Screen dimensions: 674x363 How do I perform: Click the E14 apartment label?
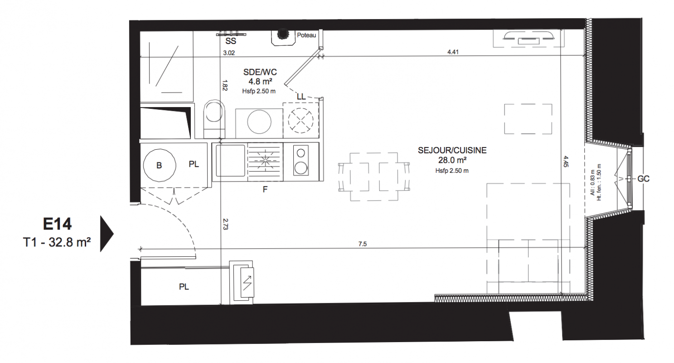(x=57, y=224)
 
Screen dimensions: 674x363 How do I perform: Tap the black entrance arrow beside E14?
(x=107, y=234)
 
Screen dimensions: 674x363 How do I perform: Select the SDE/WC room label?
(x=260, y=72)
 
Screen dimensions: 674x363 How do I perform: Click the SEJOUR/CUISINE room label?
(x=452, y=150)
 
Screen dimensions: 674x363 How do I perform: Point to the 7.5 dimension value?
(x=363, y=244)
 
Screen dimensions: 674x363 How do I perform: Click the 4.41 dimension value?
(x=453, y=52)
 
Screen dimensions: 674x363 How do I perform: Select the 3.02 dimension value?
(x=229, y=53)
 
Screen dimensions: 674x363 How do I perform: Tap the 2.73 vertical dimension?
(x=225, y=224)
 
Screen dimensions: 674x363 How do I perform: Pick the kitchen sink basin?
(x=231, y=161)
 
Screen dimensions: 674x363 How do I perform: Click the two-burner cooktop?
(x=301, y=161)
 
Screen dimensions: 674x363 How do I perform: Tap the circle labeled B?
(x=159, y=165)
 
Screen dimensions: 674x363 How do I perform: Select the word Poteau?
(x=306, y=35)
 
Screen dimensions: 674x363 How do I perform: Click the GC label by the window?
(x=643, y=179)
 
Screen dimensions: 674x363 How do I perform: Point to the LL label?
(x=301, y=97)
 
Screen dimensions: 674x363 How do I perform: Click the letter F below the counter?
(x=265, y=190)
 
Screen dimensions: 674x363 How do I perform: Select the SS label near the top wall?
(x=231, y=41)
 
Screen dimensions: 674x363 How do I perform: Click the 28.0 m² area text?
(x=452, y=160)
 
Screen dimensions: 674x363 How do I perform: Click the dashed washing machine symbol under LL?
(x=301, y=121)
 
